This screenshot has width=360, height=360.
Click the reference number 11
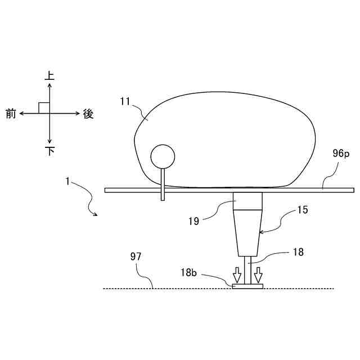click(125, 101)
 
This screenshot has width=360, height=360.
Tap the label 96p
click(341, 154)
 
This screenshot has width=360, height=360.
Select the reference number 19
click(193, 221)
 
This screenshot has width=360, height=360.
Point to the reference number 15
click(303, 210)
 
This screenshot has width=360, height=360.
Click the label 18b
click(188, 272)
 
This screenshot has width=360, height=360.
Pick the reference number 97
click(136, 256)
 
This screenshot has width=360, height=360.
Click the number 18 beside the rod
click(298, 252)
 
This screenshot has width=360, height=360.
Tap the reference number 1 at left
click(67, 181)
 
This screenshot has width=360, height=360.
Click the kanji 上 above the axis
click(49, 76)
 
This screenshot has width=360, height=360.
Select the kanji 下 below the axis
click(50, 151)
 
